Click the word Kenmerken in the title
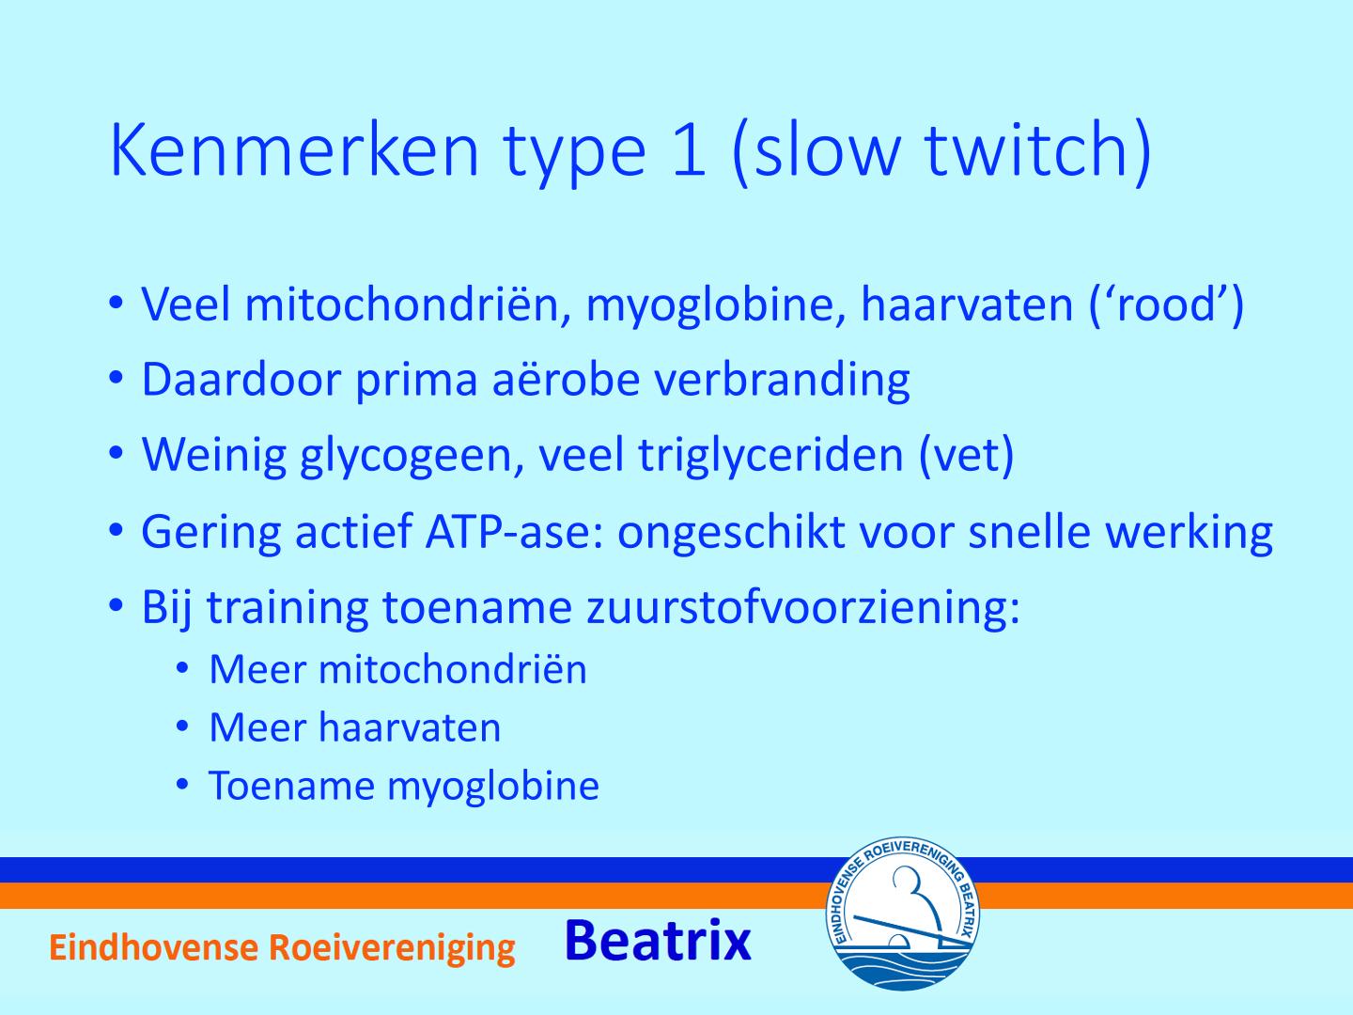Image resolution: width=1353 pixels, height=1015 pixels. click(294, 150)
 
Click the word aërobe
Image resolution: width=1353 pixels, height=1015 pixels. click(566, 379)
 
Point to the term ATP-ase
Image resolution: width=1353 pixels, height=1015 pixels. click(518, 531)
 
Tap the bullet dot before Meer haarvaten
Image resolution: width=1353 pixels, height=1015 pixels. click(181, 727)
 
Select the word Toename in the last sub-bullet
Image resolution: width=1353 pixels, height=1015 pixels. click(291, 786)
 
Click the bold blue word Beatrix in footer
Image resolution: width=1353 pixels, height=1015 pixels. click(658, 941)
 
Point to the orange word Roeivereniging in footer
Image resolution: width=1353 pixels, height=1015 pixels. click(392, 948)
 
